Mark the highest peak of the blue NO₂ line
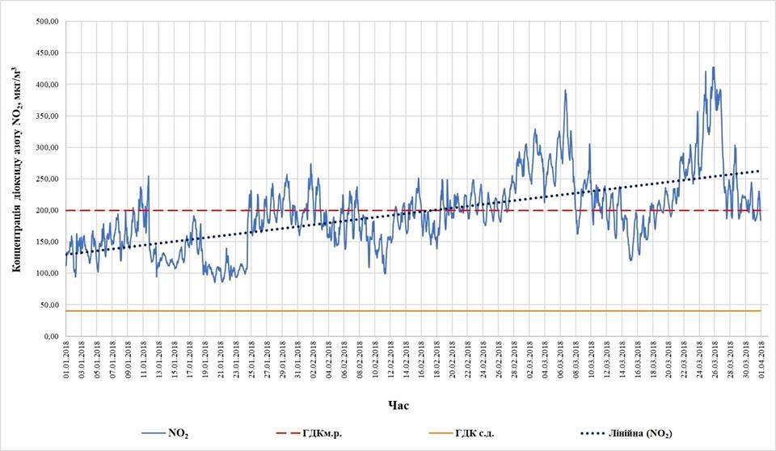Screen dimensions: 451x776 pos(713,67)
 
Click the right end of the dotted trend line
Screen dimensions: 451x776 pos(760,171)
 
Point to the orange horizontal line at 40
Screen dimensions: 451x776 pos(404,311)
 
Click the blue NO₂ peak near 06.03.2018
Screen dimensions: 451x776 pos(565,91)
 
